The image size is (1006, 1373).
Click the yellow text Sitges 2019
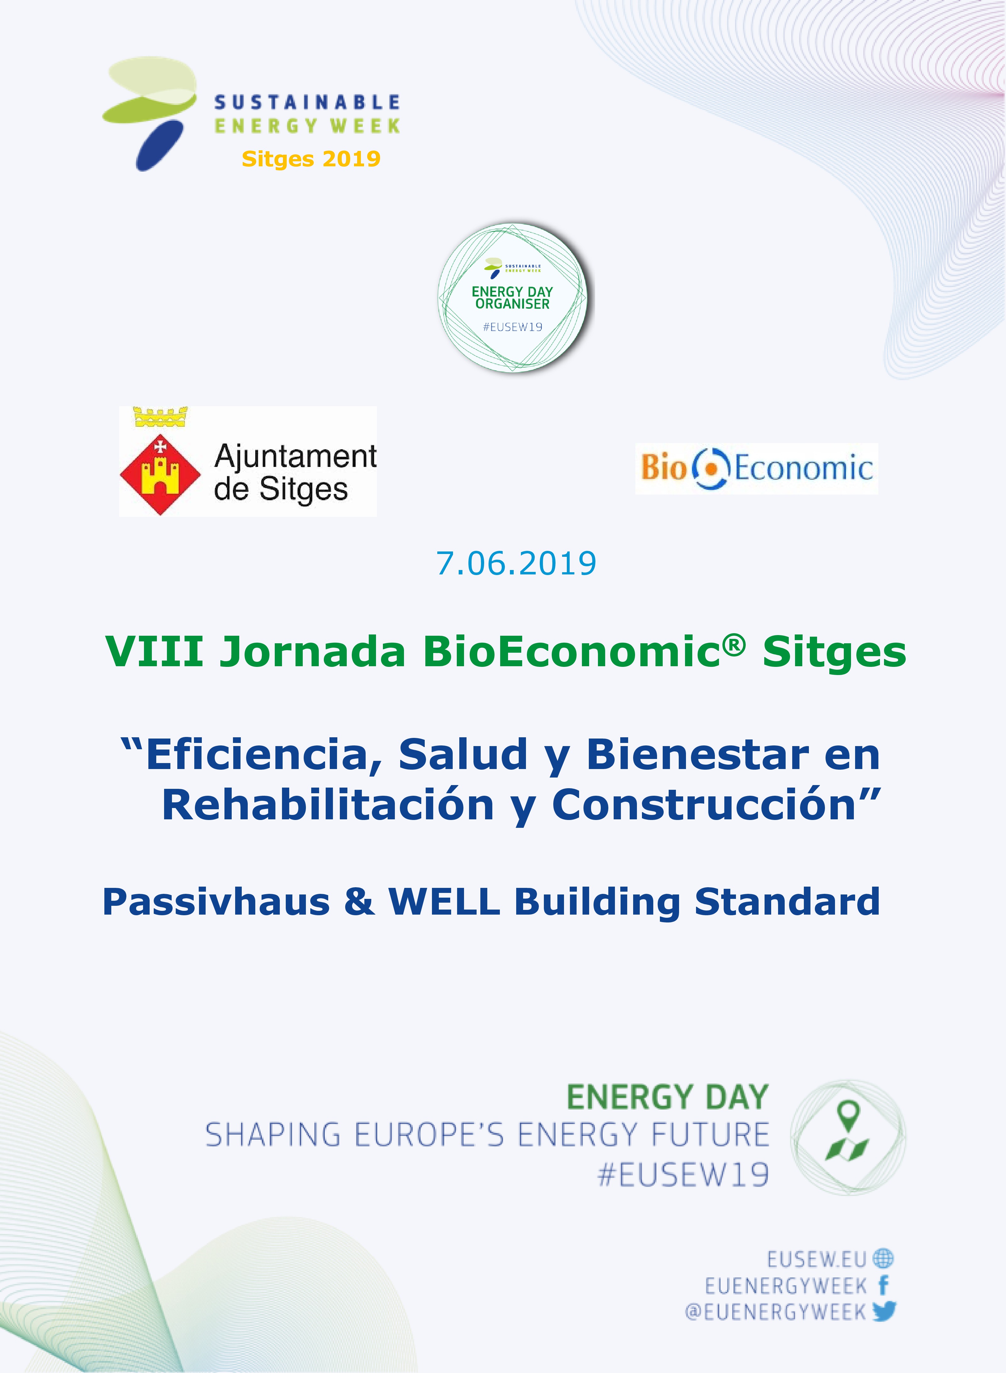[x=311, y=159]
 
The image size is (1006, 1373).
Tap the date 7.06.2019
[x=516, y=563]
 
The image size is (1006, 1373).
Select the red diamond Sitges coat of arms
[x=160, y=474]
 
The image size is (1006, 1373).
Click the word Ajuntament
[x=295, y=456]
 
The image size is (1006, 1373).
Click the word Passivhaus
[x=216, y=902]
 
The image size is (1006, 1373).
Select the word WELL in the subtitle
[x=445, y=902]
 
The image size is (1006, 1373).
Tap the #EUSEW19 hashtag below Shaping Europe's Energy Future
[x=683, y=1175]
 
